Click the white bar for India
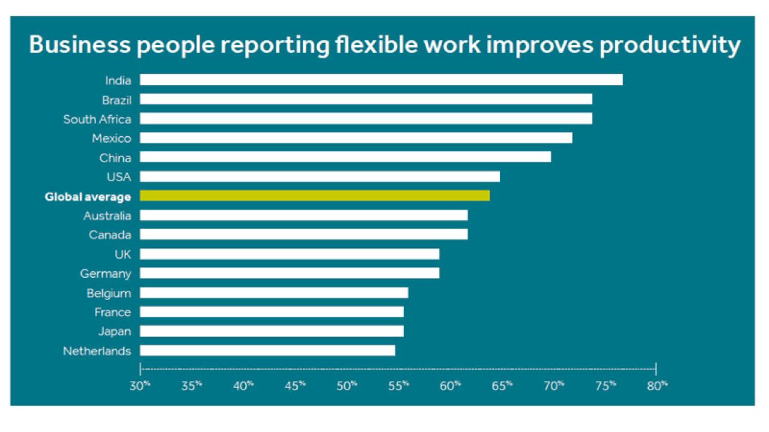(x=381, y=80)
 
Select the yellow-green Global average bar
(x=315, y=196)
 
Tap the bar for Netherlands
(x=267, y=350)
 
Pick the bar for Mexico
(x=356, y=138)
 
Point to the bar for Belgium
(x=274, y=293)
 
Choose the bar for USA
(x=320, y=176)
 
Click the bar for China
(x=345, y=157)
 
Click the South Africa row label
(x=97, y=119)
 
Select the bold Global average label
(x=88, y=197)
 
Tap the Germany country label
(x=105, y=274)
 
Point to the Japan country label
(x=114, y=331)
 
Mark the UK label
(x=123, y=254)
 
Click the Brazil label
(x=117, y=100)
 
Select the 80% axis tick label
(x=657, y=385)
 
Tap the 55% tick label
(x=398, y=385)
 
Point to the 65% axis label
(x=502, y=385)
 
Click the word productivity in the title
(x=669, y=46)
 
